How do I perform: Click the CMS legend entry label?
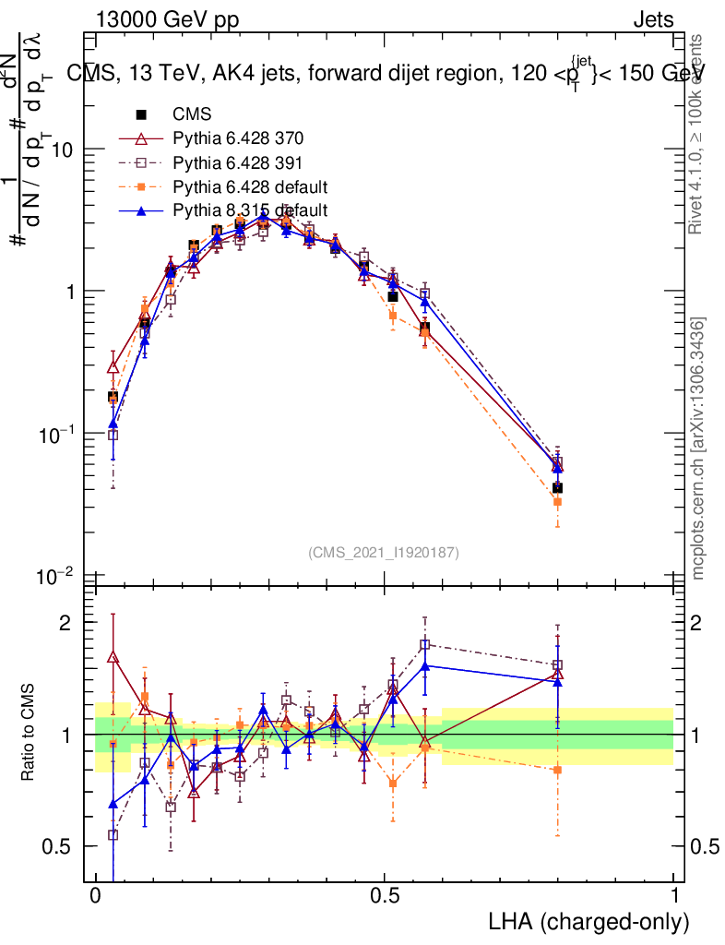pos(192,115)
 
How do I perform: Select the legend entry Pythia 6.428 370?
pos(238,139)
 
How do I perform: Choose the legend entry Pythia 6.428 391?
pos(238,163)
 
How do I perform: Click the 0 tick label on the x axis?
pos(95,898)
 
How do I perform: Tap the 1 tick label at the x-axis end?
pos(674,898)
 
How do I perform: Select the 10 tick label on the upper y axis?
pos(60,150)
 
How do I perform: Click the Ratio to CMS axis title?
pos(29,734)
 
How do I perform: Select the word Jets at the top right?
pos(653,19)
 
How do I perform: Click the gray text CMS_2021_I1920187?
pos(384,552)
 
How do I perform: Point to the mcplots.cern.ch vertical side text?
pos(698,449)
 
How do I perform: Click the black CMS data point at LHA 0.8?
pos(557,487)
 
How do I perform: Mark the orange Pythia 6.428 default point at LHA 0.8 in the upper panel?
pos(557,502)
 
